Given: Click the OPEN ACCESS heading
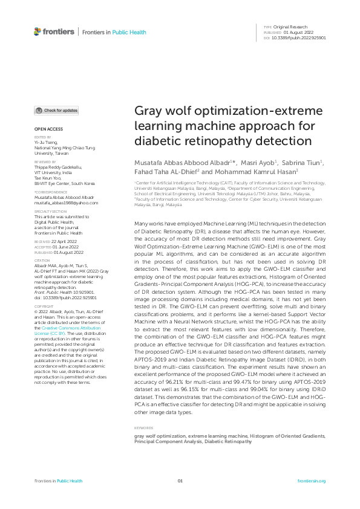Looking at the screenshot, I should coord(48,129).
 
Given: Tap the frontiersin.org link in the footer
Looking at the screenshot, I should coord(312,481).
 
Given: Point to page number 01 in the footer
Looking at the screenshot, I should coord(180,481).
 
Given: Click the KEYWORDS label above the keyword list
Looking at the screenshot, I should coord(143,428).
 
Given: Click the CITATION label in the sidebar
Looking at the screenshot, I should coord(42,260).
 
